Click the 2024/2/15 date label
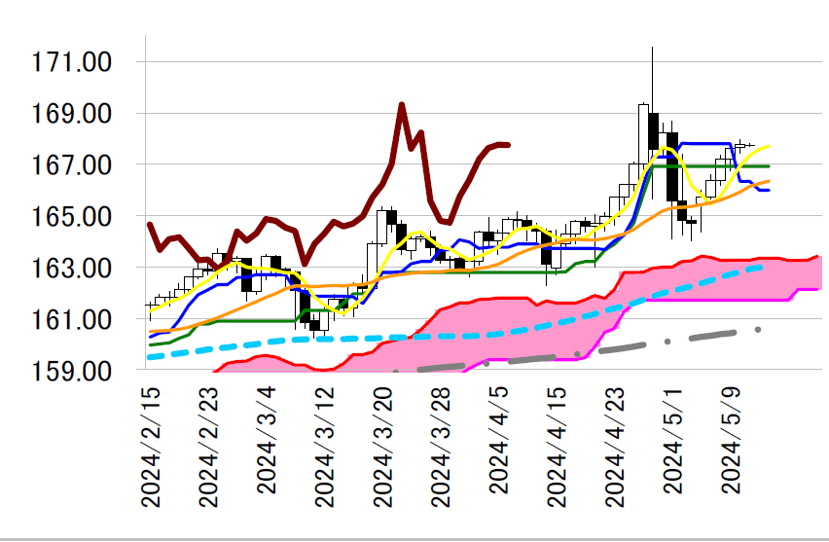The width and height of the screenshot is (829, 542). [151, 446]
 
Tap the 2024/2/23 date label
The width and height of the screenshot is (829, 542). [208, 446]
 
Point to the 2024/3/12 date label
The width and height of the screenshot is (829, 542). [325, 446]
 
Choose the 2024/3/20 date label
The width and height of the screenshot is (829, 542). [383, 446]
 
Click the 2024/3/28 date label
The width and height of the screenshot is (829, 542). [441, 446]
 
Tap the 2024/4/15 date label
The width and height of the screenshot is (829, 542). [558, 446]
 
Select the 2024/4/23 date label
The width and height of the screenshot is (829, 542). [616, 446]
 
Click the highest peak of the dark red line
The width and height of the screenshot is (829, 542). [401, 104]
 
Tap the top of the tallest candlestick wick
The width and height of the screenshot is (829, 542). [653, 47]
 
